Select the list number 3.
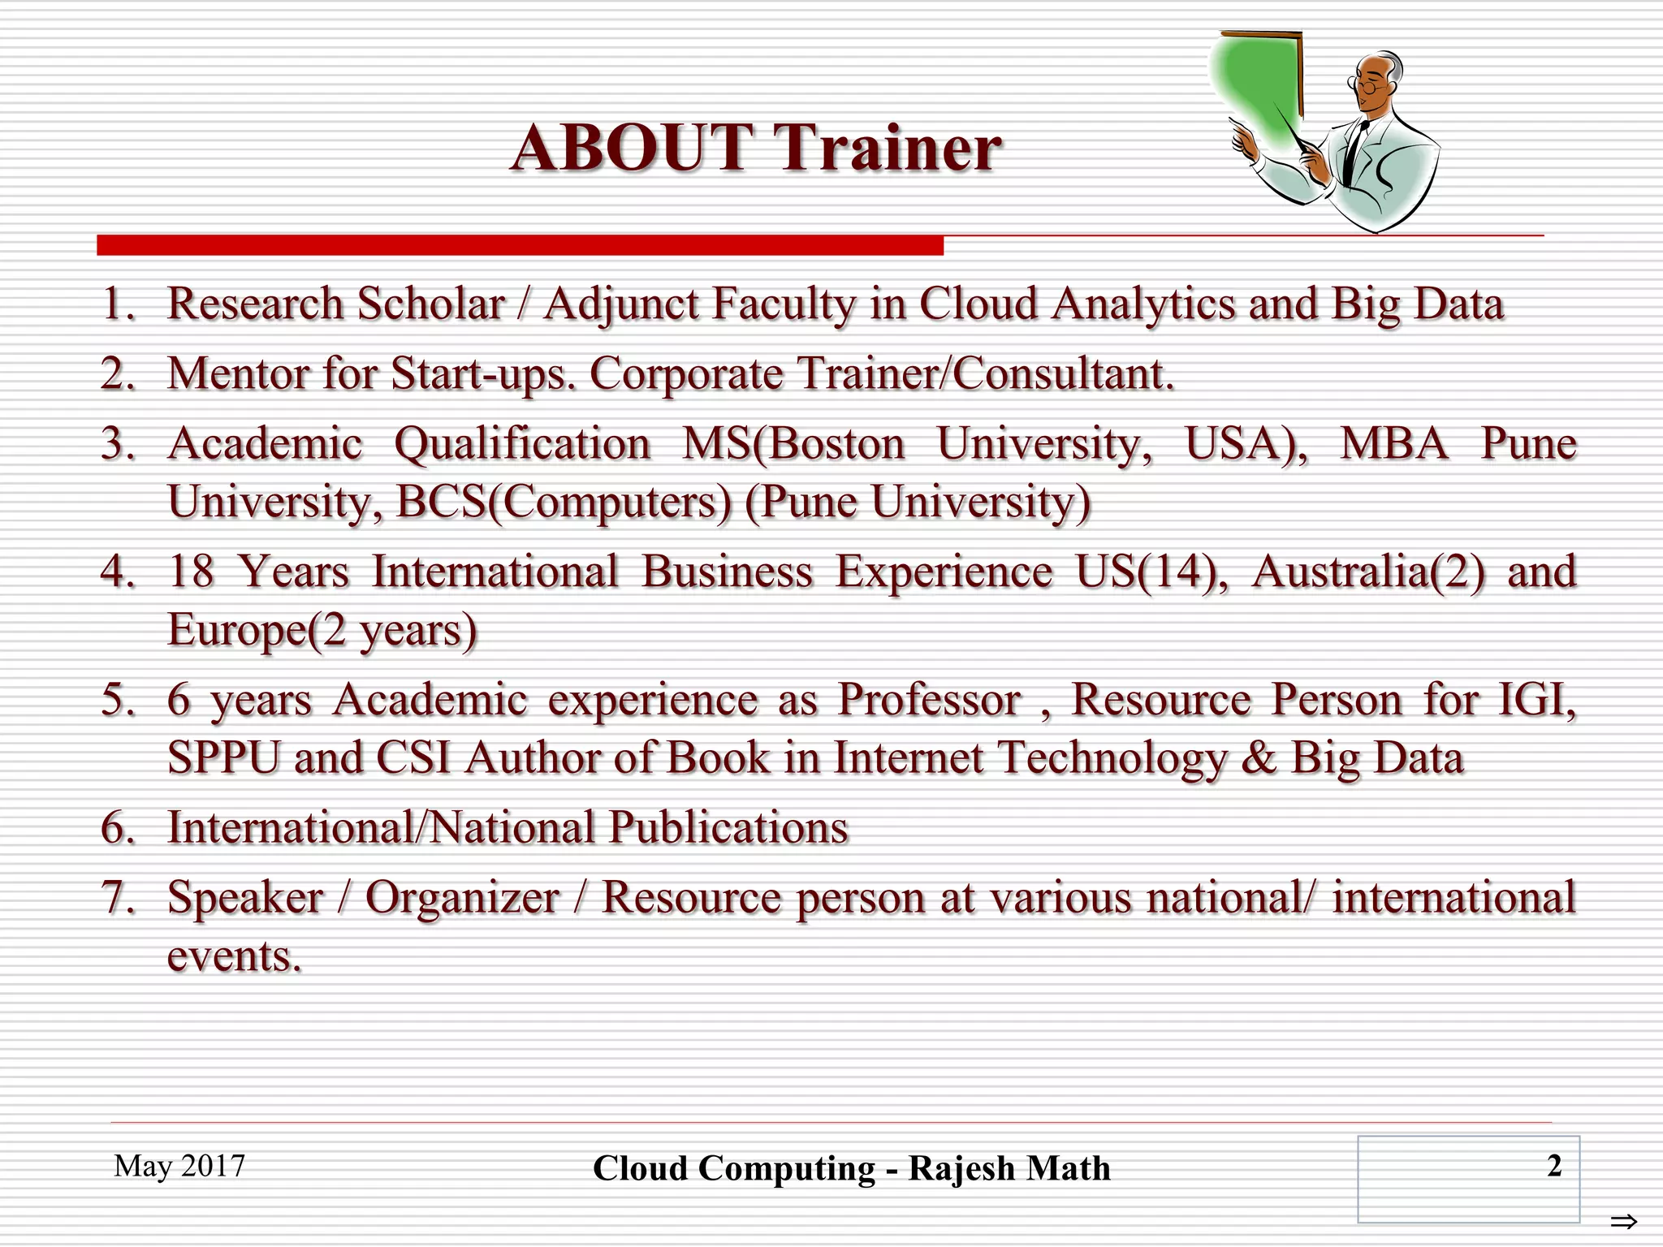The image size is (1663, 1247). [x=117, y=445]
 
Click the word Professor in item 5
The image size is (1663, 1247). [x=929, y=700]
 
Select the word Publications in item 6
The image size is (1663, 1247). [x=728, y=828]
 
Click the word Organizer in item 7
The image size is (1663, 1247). [x=462, y=898]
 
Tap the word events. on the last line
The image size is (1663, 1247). [x=234, y=956]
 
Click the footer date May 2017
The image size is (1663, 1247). [x=179, y=1166]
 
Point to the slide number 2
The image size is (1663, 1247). [x=1554, y=1166]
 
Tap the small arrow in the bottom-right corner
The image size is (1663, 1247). [x=1624, y=1221]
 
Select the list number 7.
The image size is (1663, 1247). [x=117, y=898]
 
